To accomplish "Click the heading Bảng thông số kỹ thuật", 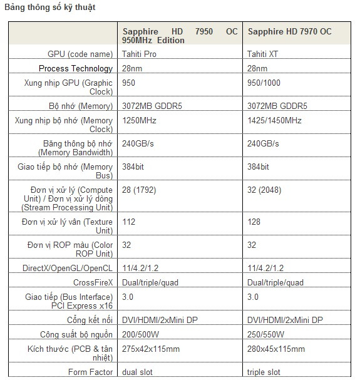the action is tap(50, 8).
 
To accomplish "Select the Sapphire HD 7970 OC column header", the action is tap(289, 31).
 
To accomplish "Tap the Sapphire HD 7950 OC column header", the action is tap(180, 36).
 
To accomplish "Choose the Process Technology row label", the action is tap(76, 68).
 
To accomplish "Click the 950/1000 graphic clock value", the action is tap(265, 83).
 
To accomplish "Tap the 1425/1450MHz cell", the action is tap(274, 120).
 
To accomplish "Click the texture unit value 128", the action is tap(254, 222).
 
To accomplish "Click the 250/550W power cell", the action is tap(265, 334).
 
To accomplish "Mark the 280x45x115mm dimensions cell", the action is tap(276, 349).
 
